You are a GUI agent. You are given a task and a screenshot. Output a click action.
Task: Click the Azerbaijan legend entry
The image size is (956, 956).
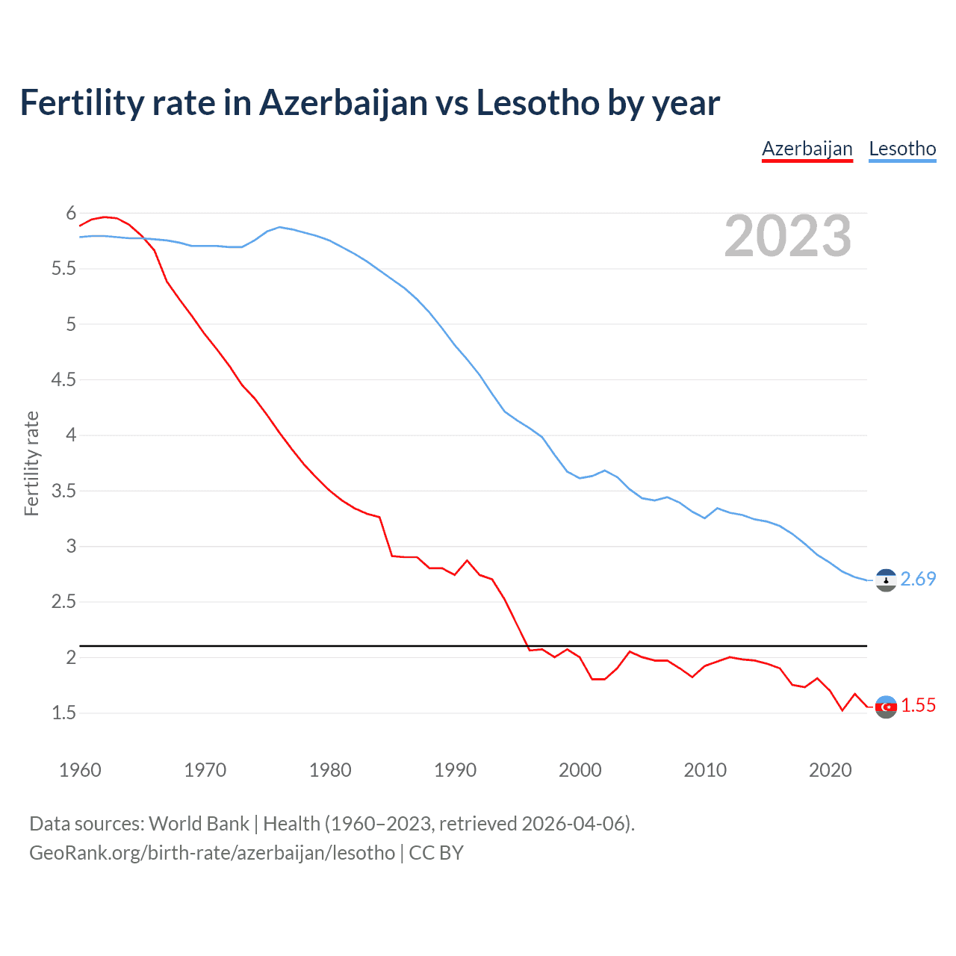click(x=807, y=149)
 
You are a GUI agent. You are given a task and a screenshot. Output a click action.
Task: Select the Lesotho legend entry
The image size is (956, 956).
click(x=902, y=149)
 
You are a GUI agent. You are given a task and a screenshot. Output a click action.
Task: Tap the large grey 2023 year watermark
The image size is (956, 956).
click(x=788, y=236)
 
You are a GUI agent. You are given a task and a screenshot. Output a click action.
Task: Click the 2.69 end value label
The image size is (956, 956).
click(x=918, y=579)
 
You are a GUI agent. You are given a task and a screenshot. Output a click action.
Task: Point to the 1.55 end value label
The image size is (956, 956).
click(x=918, y=705)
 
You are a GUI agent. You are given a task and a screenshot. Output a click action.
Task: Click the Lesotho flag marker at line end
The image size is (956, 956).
click(x=886, y=580)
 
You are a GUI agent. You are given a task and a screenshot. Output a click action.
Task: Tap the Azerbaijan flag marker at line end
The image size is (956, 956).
click(x=886, y=707)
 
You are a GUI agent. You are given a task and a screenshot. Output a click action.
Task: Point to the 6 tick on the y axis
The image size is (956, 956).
click(x=71, y=213)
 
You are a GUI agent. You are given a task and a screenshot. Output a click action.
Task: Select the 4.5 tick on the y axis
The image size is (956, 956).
click(x=63, y=379)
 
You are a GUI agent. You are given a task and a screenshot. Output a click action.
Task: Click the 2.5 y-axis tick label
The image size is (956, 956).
click(x=63, y=601)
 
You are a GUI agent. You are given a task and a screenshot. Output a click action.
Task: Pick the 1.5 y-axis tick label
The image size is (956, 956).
click(x=63, y=713)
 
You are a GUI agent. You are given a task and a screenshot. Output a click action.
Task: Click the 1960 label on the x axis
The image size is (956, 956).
click(x=80, y=770)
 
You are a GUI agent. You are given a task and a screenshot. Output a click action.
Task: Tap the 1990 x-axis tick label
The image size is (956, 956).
click(x=455, y=770)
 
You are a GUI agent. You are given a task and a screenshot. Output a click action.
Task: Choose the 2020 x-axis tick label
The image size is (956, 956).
click(x=830, y=770)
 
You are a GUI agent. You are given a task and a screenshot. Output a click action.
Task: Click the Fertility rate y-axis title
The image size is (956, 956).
click(x=31, y=463)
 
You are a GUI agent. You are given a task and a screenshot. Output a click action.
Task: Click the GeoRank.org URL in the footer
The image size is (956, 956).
click(x=212, y=852)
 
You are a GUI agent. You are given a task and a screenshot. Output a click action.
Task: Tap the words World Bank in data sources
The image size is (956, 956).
click(x=199, y=823)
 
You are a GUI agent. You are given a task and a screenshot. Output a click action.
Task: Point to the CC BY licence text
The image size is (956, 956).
click(x=436, y=852)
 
